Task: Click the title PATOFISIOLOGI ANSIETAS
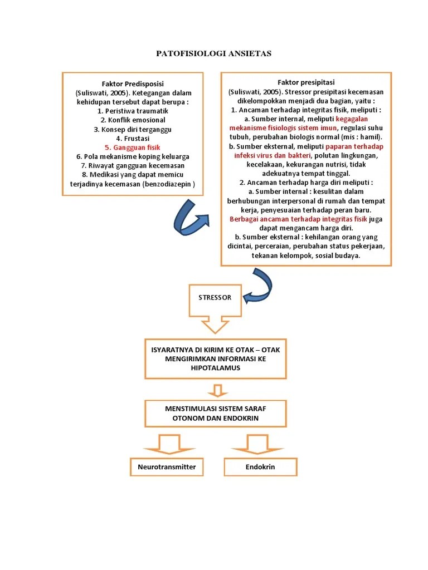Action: point(213,53)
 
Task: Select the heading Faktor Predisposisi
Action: point(133,83)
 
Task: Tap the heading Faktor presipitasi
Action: point(306,82)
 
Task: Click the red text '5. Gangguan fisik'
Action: point(133,148)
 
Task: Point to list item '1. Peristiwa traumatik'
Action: point(133,111)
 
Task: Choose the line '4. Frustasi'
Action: point(133,138)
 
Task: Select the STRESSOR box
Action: point(215,298)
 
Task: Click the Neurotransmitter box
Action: point(167,467)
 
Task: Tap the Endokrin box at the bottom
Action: point(260,467)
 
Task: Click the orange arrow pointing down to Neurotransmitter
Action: point(167,443)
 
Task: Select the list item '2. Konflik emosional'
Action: point(133,120)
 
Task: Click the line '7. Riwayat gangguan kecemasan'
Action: point(133,165)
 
